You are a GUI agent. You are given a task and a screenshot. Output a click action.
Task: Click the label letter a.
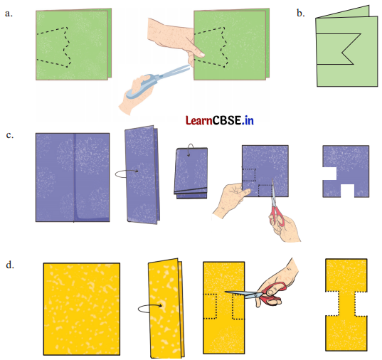tap(9, 14)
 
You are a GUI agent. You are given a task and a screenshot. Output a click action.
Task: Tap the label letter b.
tap(301, 13)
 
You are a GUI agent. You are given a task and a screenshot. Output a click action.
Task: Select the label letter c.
tap(9, 134)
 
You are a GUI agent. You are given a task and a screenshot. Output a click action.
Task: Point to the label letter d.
tap(10, 265)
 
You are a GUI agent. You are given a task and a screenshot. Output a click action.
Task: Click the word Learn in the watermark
tap(199, 120)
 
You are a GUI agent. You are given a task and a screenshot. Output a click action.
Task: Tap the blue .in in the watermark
tap(248, 120)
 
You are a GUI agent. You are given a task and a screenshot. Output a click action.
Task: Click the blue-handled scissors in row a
tap(156, 80)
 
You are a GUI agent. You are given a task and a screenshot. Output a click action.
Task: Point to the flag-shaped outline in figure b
tap(339, 49)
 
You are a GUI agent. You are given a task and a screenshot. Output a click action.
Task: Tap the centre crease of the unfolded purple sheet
tap(74, 177)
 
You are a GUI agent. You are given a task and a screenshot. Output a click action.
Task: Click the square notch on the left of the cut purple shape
tap(329, 174)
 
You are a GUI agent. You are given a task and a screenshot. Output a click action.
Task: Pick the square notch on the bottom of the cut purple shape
tap(347, 191)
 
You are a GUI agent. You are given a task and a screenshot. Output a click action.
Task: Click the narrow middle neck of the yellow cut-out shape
tap(346, 304)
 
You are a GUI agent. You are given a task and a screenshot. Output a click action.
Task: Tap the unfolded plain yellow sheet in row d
tap(82, 309)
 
